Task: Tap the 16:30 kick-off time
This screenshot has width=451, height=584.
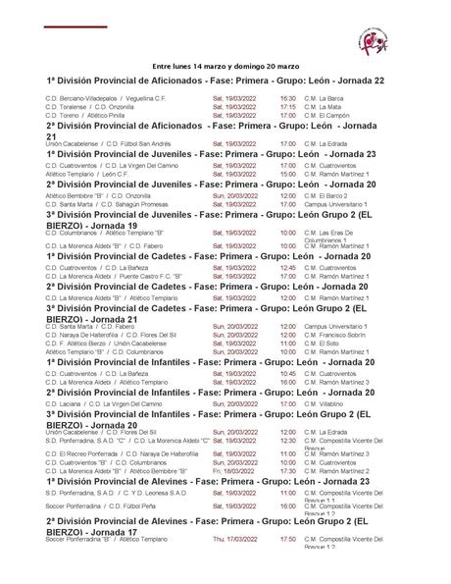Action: point(287,98)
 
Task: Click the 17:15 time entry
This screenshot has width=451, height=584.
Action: point(287,106)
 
